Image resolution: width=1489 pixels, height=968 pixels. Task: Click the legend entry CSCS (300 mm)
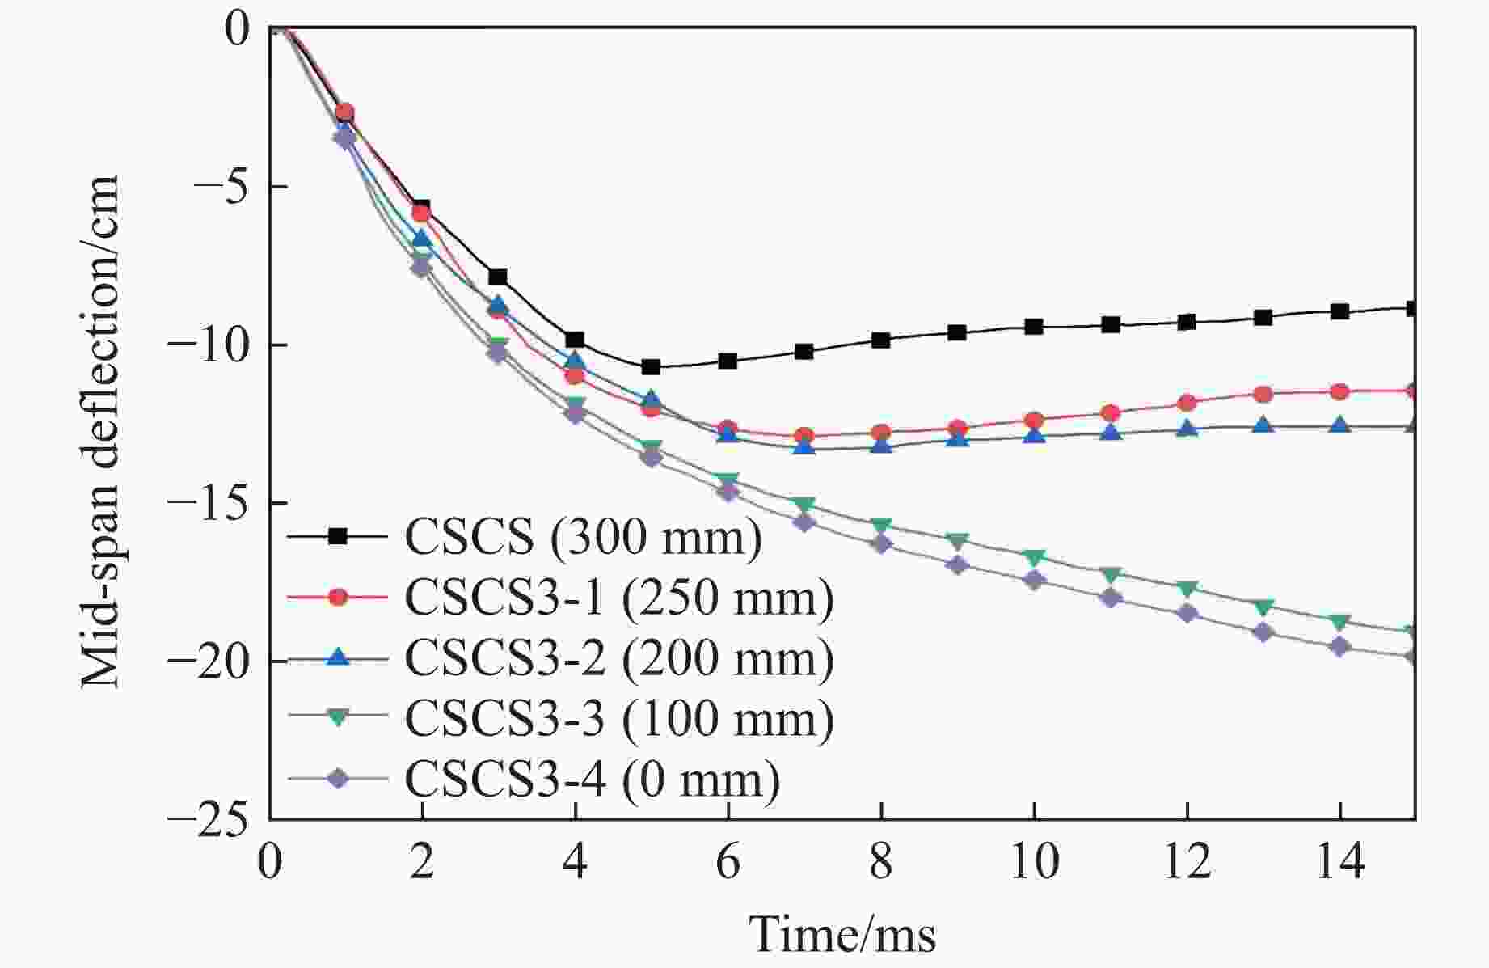point(582,536)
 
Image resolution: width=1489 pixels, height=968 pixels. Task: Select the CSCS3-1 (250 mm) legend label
point(618,598)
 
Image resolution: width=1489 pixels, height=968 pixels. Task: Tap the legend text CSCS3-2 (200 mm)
point(618,657)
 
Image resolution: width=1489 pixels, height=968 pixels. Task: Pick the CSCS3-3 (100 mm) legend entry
point(618,718)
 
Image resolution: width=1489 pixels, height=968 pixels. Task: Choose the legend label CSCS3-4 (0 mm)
point(592,779)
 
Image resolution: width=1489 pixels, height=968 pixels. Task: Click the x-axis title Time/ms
point(843,935)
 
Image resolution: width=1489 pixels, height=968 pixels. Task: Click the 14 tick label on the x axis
point(1339,862)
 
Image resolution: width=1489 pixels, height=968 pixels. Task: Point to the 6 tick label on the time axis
point(728,862)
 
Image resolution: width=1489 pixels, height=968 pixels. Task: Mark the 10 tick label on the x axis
point(1034,862)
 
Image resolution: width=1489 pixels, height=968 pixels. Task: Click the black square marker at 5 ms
point(652,367)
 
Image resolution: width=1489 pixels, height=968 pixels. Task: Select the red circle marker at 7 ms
point(804,436)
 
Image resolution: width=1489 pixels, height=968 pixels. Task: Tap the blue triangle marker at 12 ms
point(1187,428)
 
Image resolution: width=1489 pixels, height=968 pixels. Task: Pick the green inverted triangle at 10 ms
point(1034,557)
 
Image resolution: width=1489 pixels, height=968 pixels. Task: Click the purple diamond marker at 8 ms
point(881,544)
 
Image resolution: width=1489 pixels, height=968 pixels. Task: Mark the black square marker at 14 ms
point(1339,311)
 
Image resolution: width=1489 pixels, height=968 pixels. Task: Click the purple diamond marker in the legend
point(339,779)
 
